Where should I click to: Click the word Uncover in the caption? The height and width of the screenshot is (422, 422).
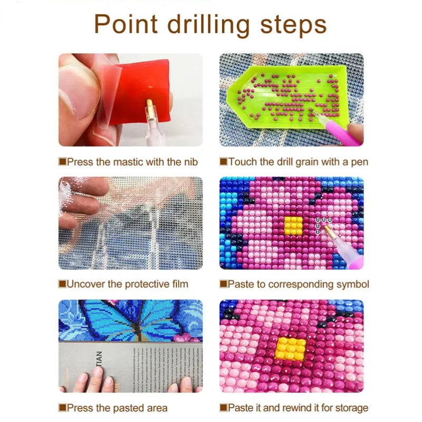click(x=85, y=284)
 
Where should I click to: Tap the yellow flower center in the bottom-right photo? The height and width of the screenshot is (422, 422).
click(x=291, y=349)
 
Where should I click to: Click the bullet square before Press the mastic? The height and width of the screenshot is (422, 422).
click(x=62, y=161)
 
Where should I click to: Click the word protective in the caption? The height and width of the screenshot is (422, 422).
click(x=146, y=284)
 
